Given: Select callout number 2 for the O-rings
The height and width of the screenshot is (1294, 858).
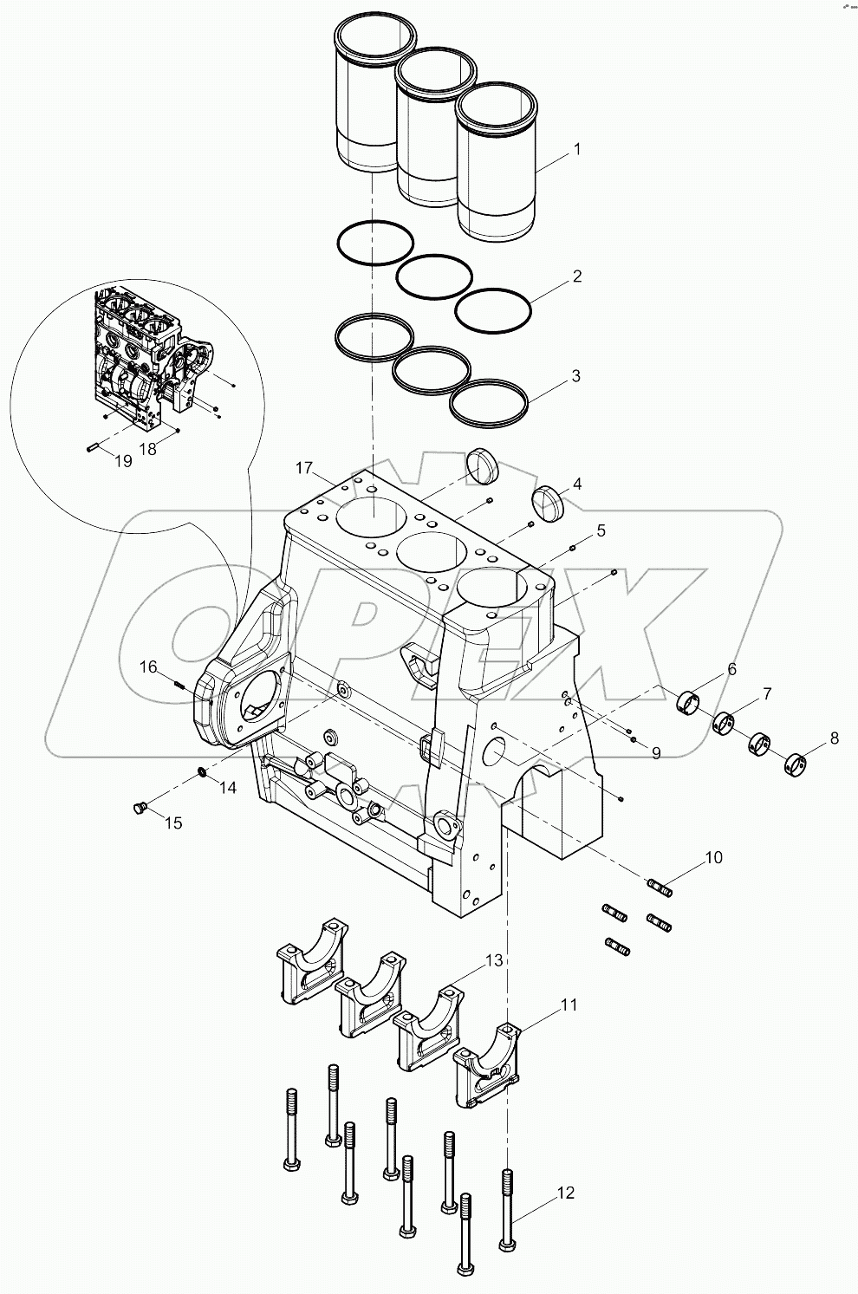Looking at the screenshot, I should (x=576, y=276).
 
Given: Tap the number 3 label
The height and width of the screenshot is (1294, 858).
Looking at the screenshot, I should (x=575, y=376).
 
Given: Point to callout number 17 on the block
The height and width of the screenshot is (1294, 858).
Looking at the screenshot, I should (x=303, y=468).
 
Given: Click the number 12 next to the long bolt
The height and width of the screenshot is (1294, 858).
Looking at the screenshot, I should (x=565, y=1193).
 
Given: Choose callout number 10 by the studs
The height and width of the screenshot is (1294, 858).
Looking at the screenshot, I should (x=712, y=858).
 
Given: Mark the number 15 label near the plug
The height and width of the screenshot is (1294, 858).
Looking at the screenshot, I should (x=173, y=823).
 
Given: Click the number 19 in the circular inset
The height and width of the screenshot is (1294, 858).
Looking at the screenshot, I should (x=123, y=461).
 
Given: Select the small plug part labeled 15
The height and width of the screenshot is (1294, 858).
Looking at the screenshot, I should (x=136, y=809).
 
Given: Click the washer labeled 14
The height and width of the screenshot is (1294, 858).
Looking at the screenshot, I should (x=202, y=771).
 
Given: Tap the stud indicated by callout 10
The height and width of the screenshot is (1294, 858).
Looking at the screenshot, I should (x=660, y=886).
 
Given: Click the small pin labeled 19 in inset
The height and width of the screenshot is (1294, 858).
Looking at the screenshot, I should (x=95, y=447).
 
